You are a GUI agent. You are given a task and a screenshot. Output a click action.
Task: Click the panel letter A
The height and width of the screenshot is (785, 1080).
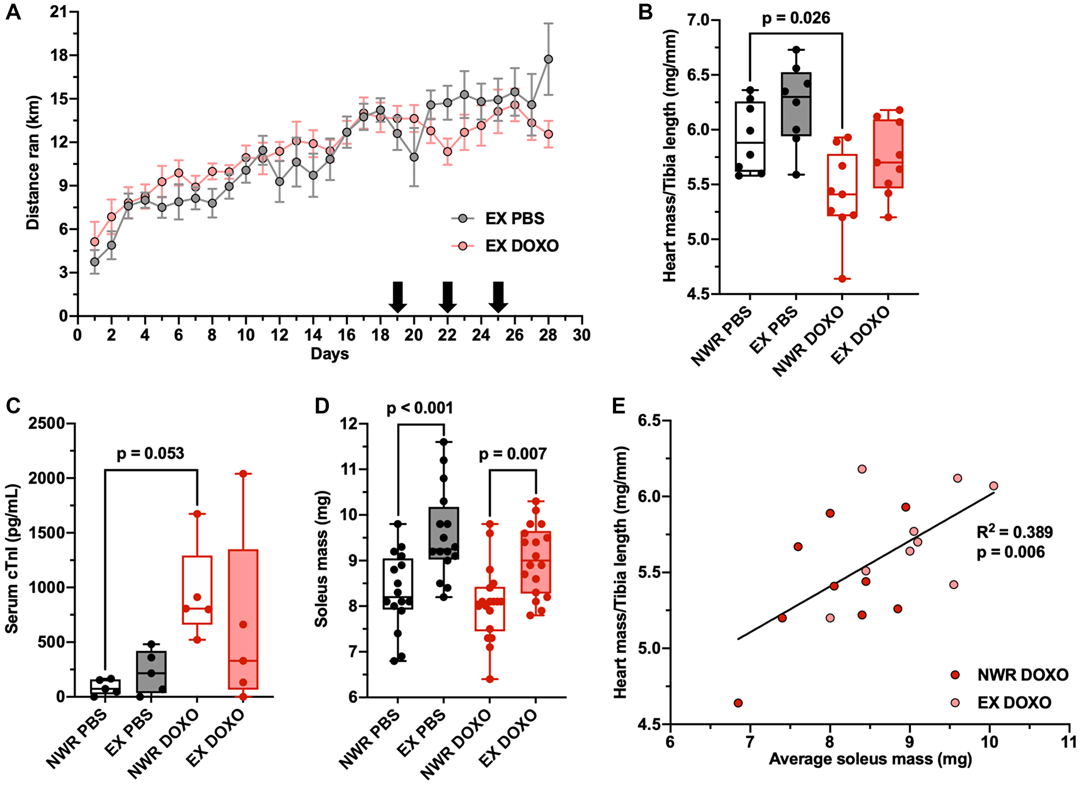13,12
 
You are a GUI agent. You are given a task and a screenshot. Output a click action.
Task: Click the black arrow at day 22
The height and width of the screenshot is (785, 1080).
447,296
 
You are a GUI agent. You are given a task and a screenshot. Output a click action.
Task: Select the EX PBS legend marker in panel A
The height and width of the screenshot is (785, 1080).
463,219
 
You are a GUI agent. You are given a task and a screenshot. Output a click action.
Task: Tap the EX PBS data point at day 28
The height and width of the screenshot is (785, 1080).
548,59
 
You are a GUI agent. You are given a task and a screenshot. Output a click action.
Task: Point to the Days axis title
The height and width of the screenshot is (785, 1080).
329,354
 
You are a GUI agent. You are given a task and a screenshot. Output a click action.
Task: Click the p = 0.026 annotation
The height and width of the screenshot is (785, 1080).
795,18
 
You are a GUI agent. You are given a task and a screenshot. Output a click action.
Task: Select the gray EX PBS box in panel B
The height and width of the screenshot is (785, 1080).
796,104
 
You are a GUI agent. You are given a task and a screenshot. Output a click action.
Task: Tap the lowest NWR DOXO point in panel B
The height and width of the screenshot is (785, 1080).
842,279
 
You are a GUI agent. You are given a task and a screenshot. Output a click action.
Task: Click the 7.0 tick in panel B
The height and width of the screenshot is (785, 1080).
697,21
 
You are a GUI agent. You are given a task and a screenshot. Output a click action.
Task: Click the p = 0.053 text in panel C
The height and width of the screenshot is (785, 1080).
151,454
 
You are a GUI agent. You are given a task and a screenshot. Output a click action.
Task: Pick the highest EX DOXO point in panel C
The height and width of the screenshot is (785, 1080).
243,473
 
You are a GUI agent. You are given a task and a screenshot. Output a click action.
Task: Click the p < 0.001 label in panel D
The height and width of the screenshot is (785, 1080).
420,408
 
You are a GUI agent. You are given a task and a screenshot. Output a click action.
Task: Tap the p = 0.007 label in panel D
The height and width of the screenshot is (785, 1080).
512,455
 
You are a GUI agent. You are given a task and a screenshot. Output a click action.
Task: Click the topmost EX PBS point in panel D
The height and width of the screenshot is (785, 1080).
444,442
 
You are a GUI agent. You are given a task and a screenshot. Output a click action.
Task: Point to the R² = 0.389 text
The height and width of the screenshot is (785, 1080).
1014,532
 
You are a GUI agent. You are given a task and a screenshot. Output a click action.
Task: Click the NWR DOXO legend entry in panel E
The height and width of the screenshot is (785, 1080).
1022,675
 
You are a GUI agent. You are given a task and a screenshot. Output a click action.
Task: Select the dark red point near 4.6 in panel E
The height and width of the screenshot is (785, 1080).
738,703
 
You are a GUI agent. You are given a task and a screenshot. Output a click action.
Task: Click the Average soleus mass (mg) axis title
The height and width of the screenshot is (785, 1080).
870,759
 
